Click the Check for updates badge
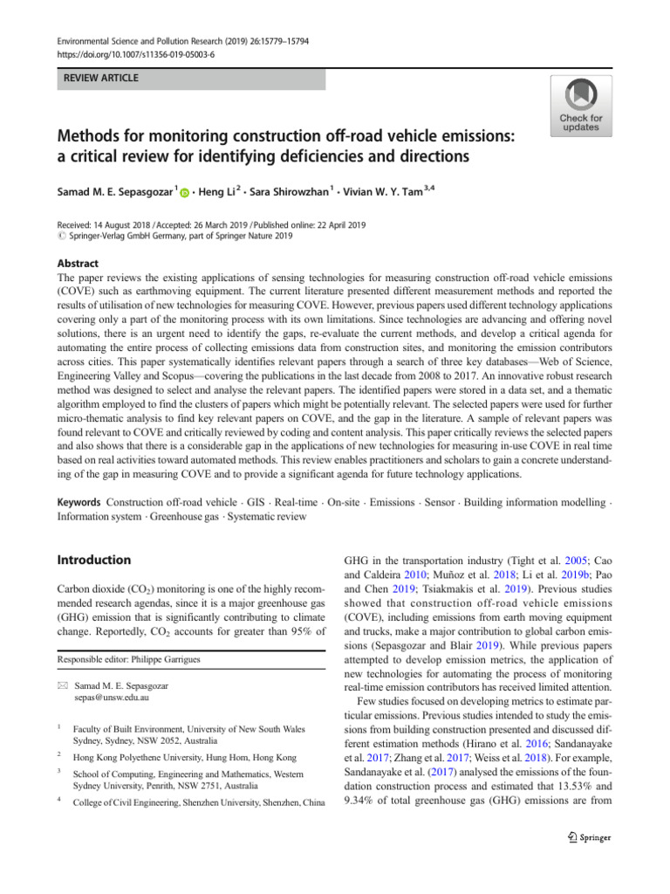(580, 106)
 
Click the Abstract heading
(78, 264)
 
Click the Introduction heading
(93, 560)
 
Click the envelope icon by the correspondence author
(60, 685)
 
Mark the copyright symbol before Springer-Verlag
(60, 236)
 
